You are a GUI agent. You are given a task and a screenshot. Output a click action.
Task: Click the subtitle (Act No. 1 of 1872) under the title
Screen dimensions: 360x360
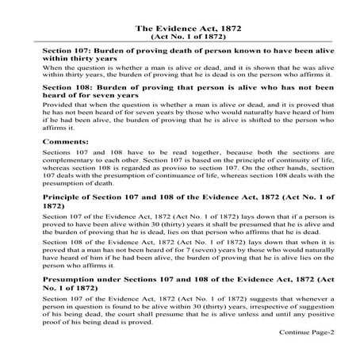[180, 36]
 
